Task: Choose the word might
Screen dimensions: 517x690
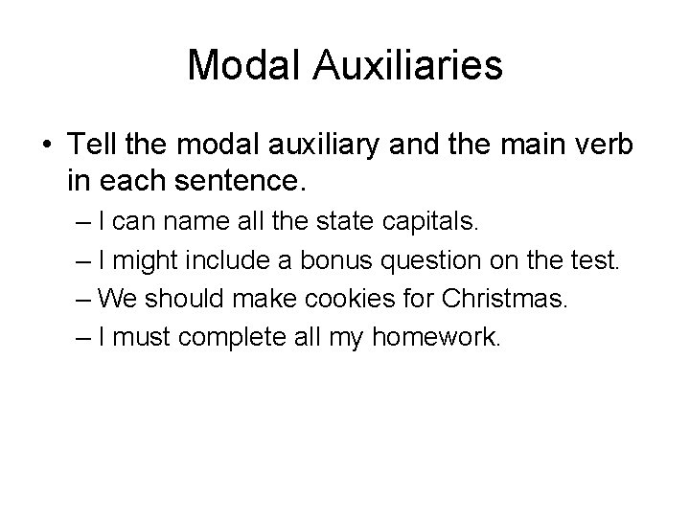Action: [154, 260]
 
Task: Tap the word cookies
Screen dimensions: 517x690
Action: [324, 299]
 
